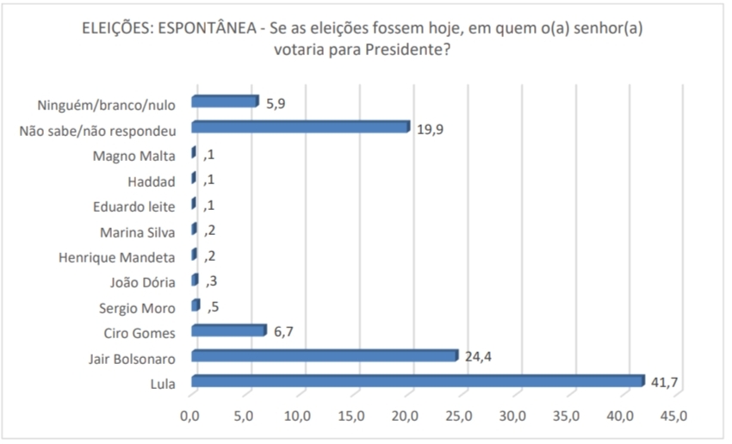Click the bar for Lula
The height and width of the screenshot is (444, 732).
(x=417, y=381)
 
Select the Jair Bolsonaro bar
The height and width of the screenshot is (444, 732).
(x=324, y=355)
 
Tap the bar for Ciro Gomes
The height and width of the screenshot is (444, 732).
(x=228, y=330)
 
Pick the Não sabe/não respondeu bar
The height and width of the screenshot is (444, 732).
(x=300, y=127)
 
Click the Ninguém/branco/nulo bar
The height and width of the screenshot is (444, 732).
(x=224, y=102)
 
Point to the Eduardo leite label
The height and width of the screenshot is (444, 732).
(x=133, y=207)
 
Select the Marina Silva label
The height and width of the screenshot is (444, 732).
(x=136, y=231)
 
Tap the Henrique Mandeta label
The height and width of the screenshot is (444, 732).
(x=117, y=257)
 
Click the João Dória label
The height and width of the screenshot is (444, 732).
(x=140, y=282)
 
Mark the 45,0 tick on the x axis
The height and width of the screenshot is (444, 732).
(x=673, y=417)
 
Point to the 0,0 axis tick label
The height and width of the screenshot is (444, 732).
(x=189, y=417)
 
